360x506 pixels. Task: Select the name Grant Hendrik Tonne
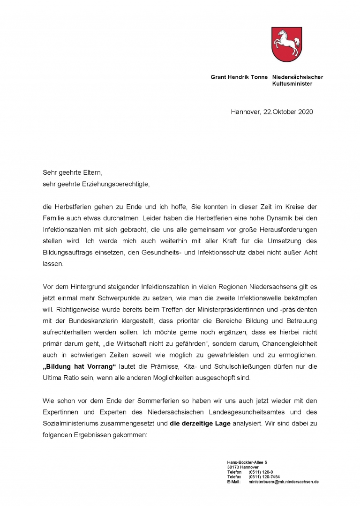coord(239,77)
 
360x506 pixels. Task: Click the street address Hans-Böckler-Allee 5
coord(247,462)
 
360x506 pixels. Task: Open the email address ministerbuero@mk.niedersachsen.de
coord(284,482)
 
